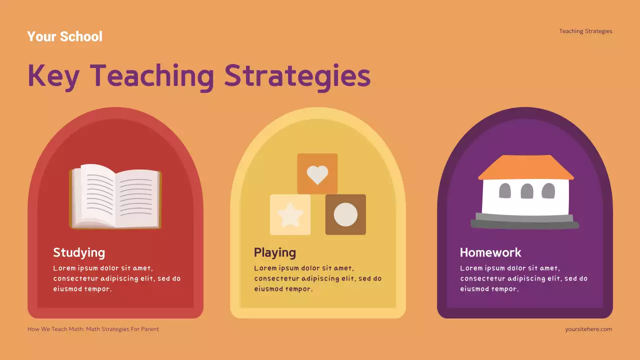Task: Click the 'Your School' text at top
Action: (x=64, y=36)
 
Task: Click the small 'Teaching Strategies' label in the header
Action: (x=585, y=31)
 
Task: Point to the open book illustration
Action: (x=115, y=196)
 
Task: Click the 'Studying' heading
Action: (x=79, y=252)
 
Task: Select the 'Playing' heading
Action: (x=274, y=252)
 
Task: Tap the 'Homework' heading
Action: (x=490, y=252)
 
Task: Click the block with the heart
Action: (x=317, y=173)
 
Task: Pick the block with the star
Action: (x=290, y=214)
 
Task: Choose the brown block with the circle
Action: (x=345, y=214)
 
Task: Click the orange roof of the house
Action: (x=526, y=167)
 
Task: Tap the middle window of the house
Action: (x=527, y=190)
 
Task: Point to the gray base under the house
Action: (x=525, y=221)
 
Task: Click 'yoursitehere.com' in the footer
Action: (x=588, y=329)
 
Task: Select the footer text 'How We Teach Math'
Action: (x=55, y=329)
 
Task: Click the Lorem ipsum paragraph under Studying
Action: (x=116, y=278)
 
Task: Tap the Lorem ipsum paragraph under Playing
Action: (x=317, y=278)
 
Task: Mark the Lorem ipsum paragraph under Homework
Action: (x=523, y=278)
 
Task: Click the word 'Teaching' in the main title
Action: (x=152, y=76)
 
